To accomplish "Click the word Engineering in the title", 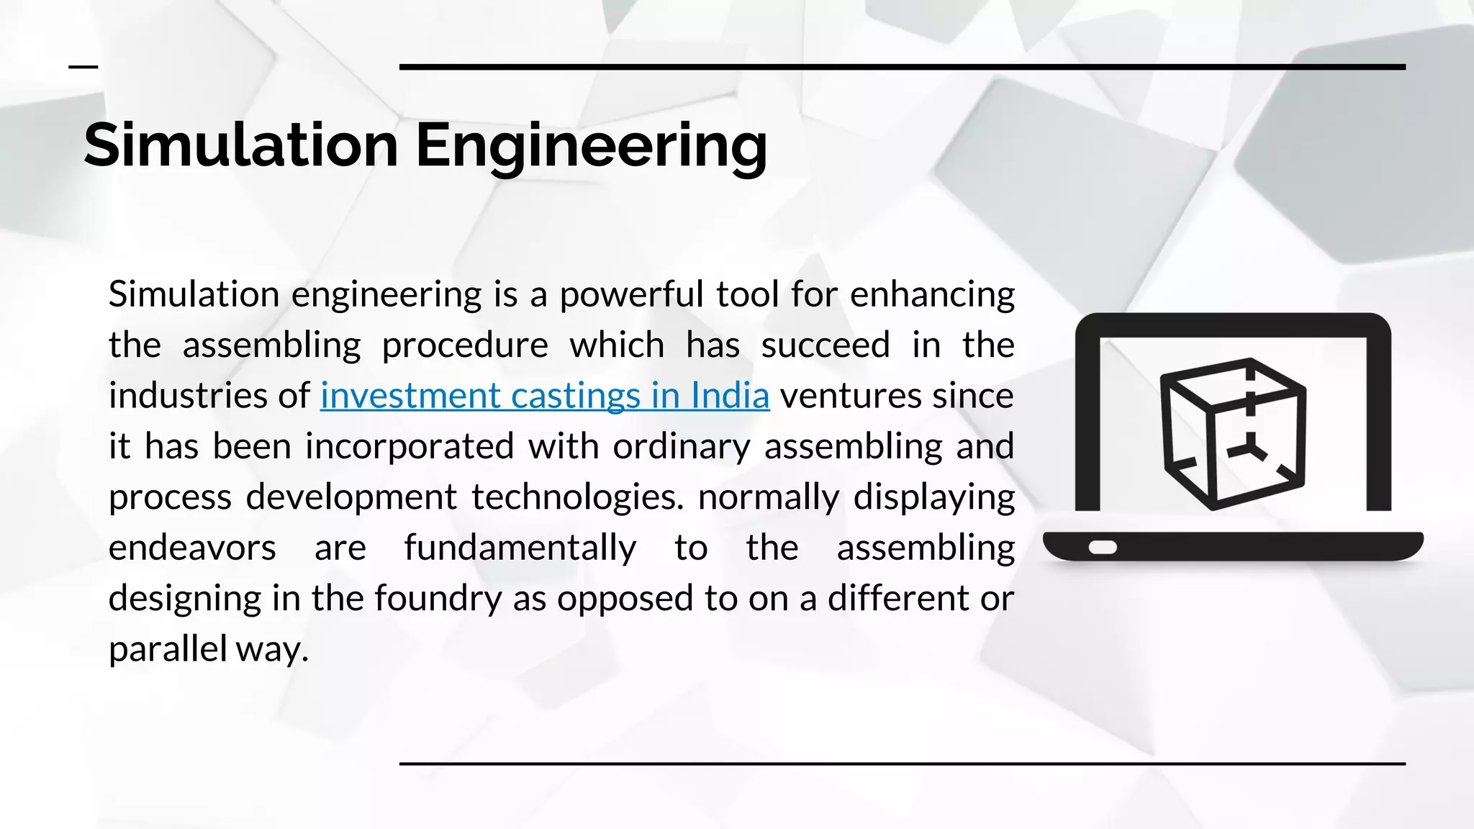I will [x=591, y=146].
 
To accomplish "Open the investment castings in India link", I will [x=545, y=396].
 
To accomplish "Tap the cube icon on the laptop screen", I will [x=1234, y=433].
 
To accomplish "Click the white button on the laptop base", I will [x=1103, y=548].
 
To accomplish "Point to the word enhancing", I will [x=932, y=294].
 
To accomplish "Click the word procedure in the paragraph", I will [x=464, y=345].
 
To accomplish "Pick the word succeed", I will [x=826, y=345].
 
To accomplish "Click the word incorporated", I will [x=410, y=446].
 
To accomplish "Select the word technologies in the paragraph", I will [x=578, y=497].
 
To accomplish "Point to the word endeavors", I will [x=192, y=548].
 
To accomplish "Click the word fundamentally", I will [x=520, y=548].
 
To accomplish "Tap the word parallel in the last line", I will [x=168, y=649].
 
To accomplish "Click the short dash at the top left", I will [x=83, y=67].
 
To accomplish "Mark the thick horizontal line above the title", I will [x=902, y=67].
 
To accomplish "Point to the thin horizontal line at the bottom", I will [x=902, y=764].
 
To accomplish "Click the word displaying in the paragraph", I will [x=933, y=497].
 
